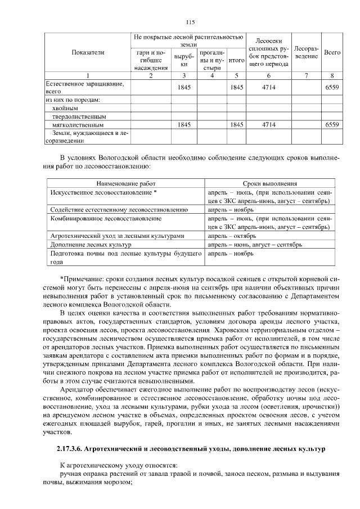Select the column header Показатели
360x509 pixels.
click(x=88, y=52)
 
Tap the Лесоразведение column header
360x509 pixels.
click(x=306, y=52)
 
